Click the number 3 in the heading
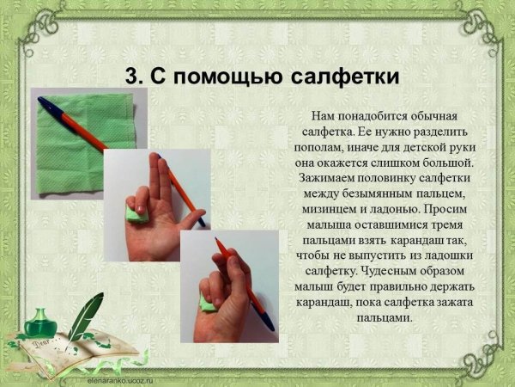(132, 76)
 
